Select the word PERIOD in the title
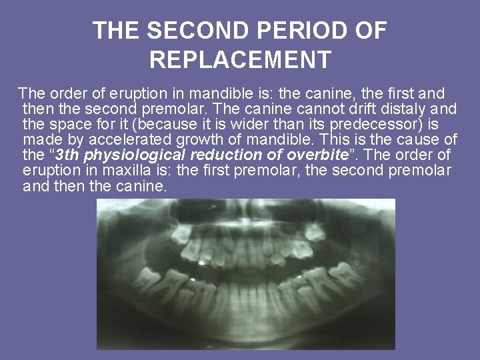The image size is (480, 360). point(301,31)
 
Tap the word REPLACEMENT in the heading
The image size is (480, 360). point(240,60)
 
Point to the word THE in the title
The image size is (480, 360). point(115,31)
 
